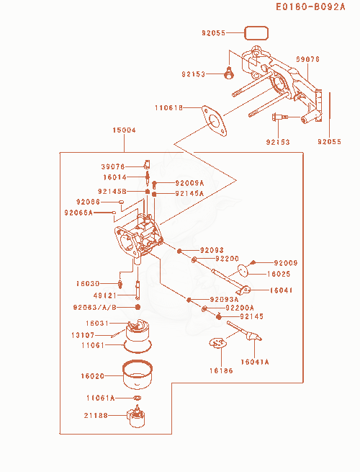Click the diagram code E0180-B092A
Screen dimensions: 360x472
(x=310, y=7)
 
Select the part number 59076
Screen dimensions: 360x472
(x=307, y=59)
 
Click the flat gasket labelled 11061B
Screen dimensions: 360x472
(x=214, y=121)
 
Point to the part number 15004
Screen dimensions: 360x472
(x=125, y=130)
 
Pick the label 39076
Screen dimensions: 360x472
(x=113, y=166)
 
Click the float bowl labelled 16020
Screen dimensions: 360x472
(x=138, y=374)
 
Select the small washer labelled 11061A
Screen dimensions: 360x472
(x=137, y=398)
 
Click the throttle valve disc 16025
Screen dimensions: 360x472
(x=243, y=270)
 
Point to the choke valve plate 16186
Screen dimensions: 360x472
(x=217, y=343)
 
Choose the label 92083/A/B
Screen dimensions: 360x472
(x=95, y=308)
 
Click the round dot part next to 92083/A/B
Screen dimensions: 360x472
(x=138, y=307)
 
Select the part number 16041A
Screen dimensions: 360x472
(x=255, y=362)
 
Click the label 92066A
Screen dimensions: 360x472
(x=78, y=213)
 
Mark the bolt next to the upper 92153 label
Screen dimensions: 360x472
(x=229, y=74)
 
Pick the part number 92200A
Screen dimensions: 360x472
(x=240, y=308)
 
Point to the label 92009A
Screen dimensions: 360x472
(x=189, y=183)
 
